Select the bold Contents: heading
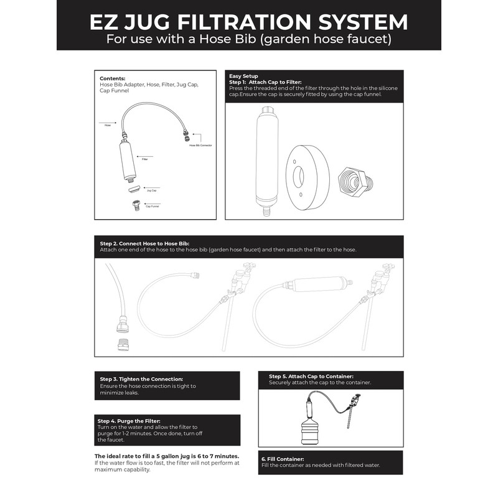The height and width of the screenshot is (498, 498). click(113, 78)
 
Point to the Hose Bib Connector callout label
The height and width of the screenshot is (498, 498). click(200, 146)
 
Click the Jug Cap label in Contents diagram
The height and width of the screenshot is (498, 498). click(151, 190)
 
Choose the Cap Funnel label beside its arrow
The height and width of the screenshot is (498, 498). click(153, 206)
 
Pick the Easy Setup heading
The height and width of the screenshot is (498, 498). click(243, 76)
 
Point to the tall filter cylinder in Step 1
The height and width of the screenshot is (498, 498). click(264, 158)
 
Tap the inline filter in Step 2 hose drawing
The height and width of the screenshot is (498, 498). click(316, 284)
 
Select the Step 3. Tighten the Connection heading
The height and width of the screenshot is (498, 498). click(141, 378)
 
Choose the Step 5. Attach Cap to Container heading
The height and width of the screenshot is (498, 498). click(311, 376)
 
